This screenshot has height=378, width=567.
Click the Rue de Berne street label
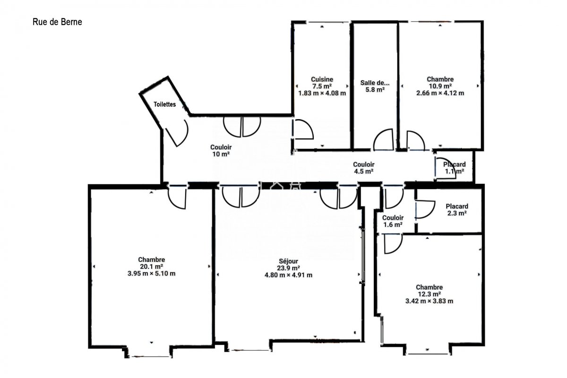click(x=57, y=22)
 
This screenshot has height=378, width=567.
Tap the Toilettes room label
click(x=164, y=104)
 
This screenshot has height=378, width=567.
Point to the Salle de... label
click(x=375, y=83)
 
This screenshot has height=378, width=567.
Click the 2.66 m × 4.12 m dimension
click(x=440, y=93)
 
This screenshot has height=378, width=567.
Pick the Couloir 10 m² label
click(x=221, y=151)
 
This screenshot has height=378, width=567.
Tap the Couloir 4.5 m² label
click(x=364, y=168)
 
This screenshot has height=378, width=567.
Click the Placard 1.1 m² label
click(x=455, y=168)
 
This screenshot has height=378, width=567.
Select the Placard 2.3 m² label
click(x=457, y=210)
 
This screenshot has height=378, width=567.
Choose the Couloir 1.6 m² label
click(x=393, y=221)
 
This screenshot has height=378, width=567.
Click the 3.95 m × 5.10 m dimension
click(x=151, y=274)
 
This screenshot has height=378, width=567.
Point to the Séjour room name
click(x=288, y=261)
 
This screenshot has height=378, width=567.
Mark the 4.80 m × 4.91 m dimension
click(x=288, y=275)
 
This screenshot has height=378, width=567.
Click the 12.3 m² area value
click(x=430, y=294)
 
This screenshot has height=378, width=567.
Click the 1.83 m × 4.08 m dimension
click(x=322, y=93)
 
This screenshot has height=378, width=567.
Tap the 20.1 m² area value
click(x=151, y=266)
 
